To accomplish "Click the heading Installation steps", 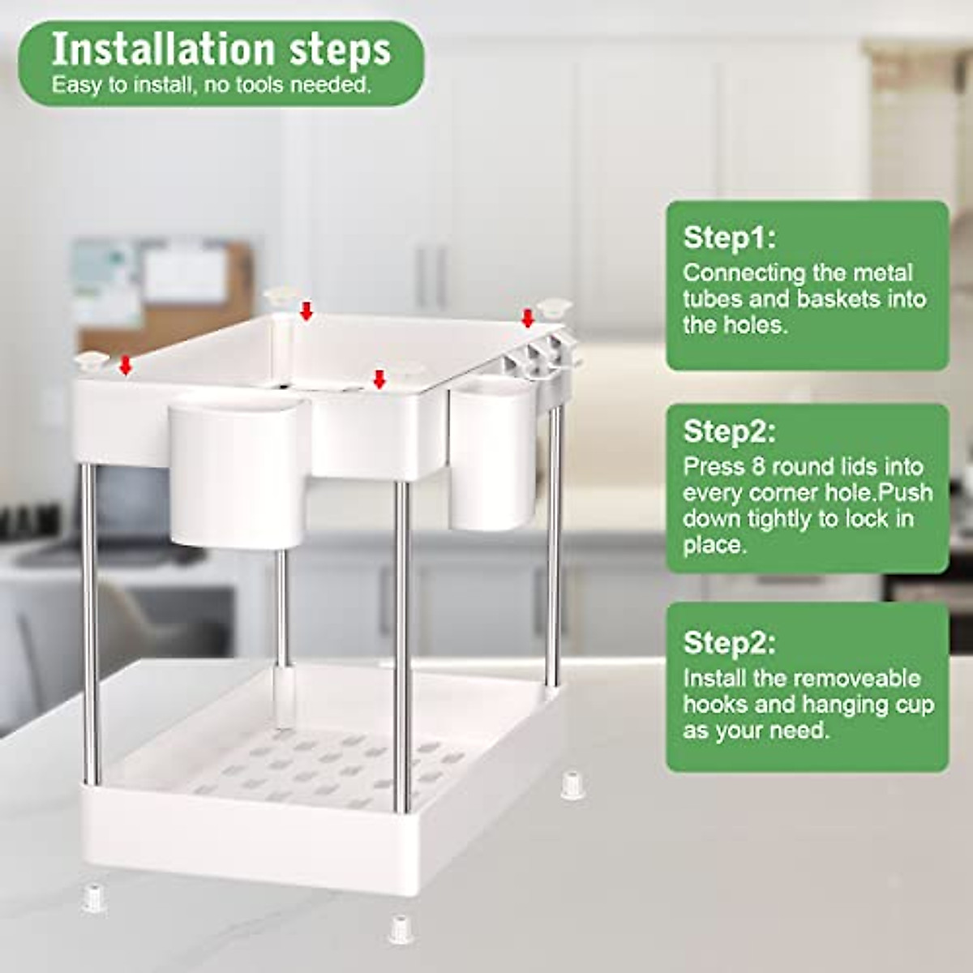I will (x=221, y=50).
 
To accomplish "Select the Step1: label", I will (x=729, y=238).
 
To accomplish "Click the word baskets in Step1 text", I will (x=838, y=298).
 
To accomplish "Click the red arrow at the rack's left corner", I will (x=125, y=366).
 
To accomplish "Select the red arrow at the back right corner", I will (x=528, y=319).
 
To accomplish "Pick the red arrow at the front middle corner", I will (x=378, y=379).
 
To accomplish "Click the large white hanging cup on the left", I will (x=237, y=470).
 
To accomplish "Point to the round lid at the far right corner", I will (x=556, y=306).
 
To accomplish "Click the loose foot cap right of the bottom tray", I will (x=572, y=786).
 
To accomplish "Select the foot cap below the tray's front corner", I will (x=399, y=928).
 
